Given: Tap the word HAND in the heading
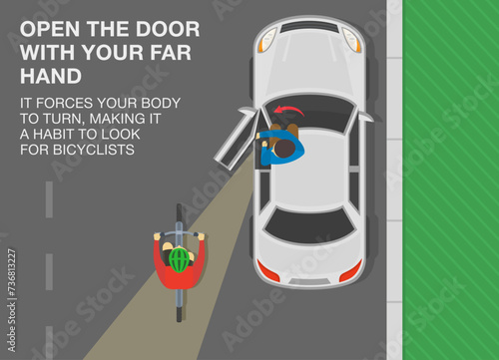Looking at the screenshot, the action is pyautogui.click(x=51, y=76).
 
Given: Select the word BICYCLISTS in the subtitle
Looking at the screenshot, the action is pyautogui.click(x=94, y=150).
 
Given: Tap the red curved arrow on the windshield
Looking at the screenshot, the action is pyautogui.click(x=288, y=110).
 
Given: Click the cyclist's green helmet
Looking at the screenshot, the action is pyautogui.click(x=180, y=259).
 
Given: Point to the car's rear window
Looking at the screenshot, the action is pyautogui.click(x=310, y=223).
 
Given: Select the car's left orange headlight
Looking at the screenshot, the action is pyautogui.click(x=267, y=40).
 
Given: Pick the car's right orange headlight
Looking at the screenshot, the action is pyautogui.click(x=352, y=40).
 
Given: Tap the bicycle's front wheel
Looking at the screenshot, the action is pyautogui.click(x=179, y=217).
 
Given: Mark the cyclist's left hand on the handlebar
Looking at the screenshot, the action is pyautogui.click(x=157, y=236).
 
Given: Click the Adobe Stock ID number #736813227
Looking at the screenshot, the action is pyautogui.click(x=12, y=271).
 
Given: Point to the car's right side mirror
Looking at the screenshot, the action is pyautogui.click(x=366, y=117).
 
